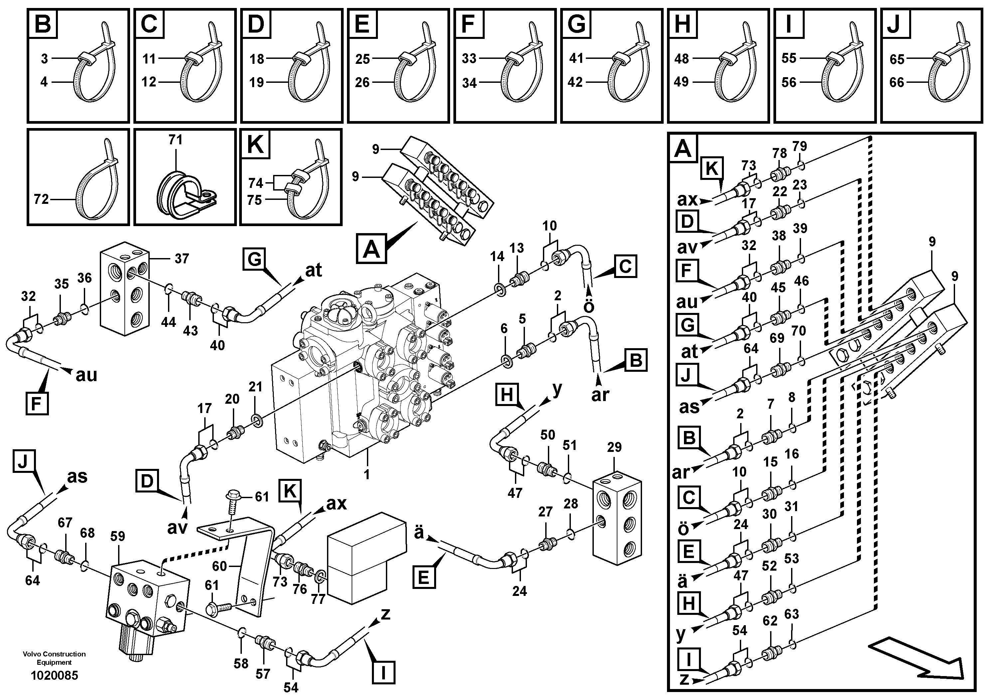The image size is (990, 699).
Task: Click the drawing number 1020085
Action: pyautogui.click(x=54, y=675)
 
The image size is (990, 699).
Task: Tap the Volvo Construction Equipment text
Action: pyautogui.click(x=54, y=658)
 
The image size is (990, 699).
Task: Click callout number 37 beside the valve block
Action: pyautogui.click(x=182, y=259)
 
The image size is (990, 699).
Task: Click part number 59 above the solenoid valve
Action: pyautogui.click(x=117, y=536)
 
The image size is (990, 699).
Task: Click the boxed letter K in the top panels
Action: pyautogui.click(x=255, y=144)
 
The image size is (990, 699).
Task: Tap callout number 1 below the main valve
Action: pyautogui.click(x=367, y=475)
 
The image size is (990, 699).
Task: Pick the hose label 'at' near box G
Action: pyautogui.click(x=313, y=270)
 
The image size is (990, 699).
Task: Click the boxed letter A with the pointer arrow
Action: pyautogui.click(x=371, y=248)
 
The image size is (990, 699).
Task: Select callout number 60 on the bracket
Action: pyautogui.click(x=220, y=566)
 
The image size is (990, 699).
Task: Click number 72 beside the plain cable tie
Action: pyautogui.click(x=41, y=200)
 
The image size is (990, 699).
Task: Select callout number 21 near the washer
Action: pyautogui.click(x=255, y=387)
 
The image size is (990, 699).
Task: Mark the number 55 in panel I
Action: pyautogui.click(x=789, y=58)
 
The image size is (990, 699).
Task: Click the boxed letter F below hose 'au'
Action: pyautogui.click(x=37, y=403)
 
